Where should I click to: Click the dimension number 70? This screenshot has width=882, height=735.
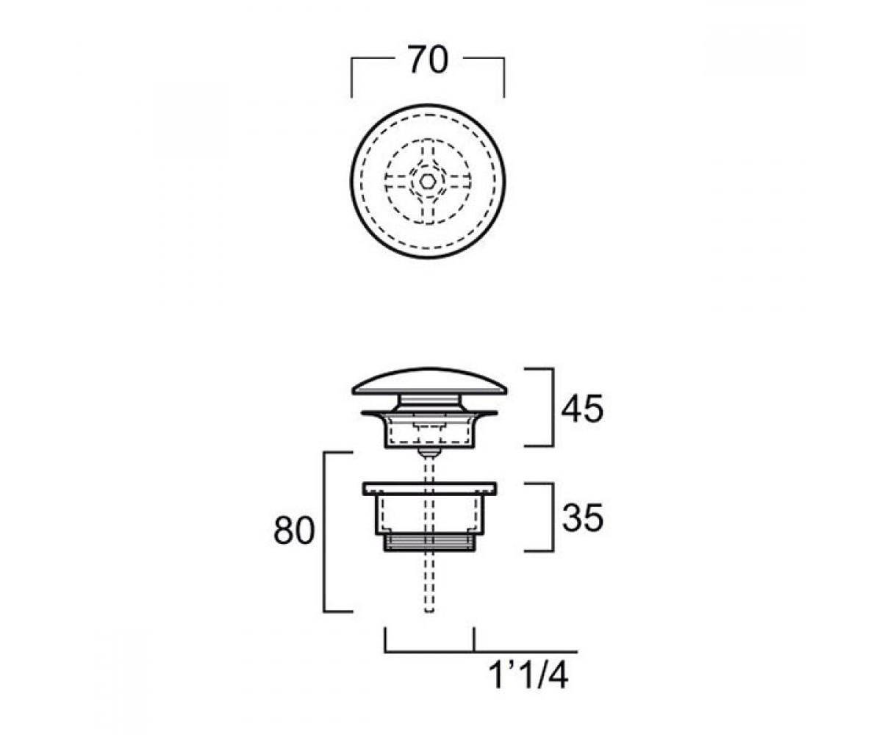[x=427, y=60]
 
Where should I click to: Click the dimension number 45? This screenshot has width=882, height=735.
[x=582, y=409]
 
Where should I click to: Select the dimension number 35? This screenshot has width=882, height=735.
[x=582, y=518]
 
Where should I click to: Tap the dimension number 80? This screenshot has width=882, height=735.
[x=294, y=530]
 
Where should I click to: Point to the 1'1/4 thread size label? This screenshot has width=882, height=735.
[x=528, y=676]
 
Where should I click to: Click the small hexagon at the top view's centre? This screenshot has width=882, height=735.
[x=428, y=182]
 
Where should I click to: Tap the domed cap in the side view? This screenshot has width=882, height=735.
[x=429, y=381]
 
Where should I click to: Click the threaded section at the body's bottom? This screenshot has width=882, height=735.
[x=429, y=542]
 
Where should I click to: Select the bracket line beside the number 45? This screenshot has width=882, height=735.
[x=553, y=407]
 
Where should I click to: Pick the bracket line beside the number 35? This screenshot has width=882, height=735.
[x=553, y=517]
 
